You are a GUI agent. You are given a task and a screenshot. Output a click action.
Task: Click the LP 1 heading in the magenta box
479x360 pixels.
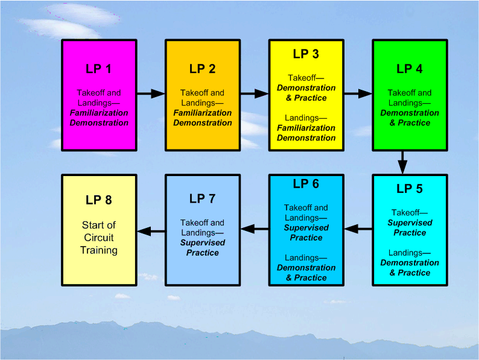tap(98, 69)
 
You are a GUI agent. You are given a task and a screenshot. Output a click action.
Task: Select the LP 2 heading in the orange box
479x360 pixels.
tap(202, 69)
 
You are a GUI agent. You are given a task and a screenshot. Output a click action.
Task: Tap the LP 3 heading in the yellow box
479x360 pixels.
tap(306, 54)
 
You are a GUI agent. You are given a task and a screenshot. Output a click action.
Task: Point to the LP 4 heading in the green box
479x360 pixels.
tap(410, 69)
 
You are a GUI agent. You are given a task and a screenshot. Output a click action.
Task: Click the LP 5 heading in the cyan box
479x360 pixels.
tap(410, 189)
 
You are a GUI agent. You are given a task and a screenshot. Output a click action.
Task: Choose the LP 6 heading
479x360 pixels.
tap(306, 184)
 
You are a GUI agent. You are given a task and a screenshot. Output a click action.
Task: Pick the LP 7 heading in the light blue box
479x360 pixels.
tap(202, 199)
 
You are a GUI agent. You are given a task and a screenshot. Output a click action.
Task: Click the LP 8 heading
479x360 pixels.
tap(98, 200)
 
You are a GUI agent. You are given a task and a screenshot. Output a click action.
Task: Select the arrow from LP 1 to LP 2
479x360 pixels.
tap(150, 93)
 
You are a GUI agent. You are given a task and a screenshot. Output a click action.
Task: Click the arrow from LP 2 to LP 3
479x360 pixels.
tap(254, 93)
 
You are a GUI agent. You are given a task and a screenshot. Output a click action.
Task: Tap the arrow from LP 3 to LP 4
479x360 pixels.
tap(358, 93)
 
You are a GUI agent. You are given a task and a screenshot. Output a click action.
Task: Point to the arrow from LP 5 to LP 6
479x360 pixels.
tap(358, 229)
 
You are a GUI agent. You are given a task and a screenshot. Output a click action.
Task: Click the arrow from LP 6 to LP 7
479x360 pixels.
tap(254, 229)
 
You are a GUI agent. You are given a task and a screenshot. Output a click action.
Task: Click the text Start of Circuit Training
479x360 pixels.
tap(98, 238)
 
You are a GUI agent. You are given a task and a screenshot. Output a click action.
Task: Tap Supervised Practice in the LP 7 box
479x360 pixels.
tap(202, 248)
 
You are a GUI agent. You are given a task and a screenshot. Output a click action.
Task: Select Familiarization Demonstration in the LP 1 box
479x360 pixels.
tap(98, 118)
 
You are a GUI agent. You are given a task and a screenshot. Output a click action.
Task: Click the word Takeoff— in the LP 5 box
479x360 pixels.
tap(410, 213)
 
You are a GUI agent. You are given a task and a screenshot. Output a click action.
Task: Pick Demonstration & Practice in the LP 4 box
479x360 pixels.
tap(410, 118)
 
